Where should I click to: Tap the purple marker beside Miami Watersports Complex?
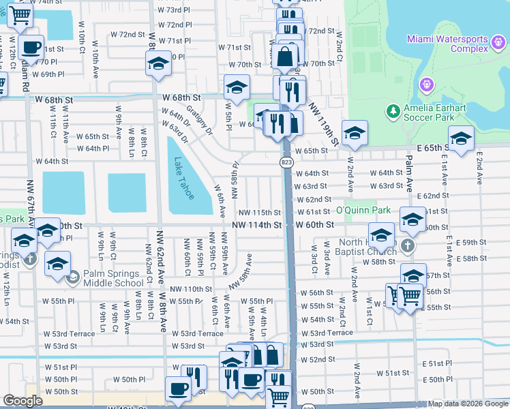(x=427, y=84)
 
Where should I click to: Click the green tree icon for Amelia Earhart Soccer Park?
(x=392, y=110)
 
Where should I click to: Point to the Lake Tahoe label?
(x=183, y=179)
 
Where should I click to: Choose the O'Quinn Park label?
(x=363, y=210)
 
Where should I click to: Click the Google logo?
(x=22, y=401)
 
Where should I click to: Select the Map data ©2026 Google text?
(x=467, y=404)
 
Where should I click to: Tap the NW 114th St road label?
(x=256, y=224)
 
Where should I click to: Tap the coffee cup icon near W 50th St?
(x=179, y=389)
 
